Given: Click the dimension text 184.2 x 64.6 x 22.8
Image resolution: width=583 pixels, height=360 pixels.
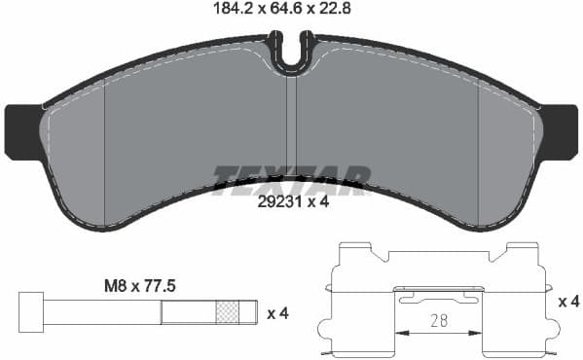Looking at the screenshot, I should pyautogui.click(x=290, y=12).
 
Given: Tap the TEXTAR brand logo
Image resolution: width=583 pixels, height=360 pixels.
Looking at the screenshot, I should pyautogui.click(x=291, y=180).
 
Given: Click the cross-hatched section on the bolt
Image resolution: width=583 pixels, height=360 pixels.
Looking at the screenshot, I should pyautogui.click(x=227, y=312).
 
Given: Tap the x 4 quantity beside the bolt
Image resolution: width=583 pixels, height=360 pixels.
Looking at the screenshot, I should pyautogui.click(x=278, y=313).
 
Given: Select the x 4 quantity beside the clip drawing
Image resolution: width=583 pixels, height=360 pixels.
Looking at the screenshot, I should pyautogui.click(x=568, y=303).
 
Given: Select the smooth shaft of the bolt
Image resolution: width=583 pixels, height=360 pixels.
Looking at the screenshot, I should pyautogui.click(x=102, y=312).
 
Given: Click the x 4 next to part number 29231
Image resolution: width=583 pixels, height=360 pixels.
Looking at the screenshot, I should pyautogui.click(x=319, y=203).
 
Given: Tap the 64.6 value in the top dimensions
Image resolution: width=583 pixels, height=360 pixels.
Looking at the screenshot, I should pyautogui.click(x=290, y=12).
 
